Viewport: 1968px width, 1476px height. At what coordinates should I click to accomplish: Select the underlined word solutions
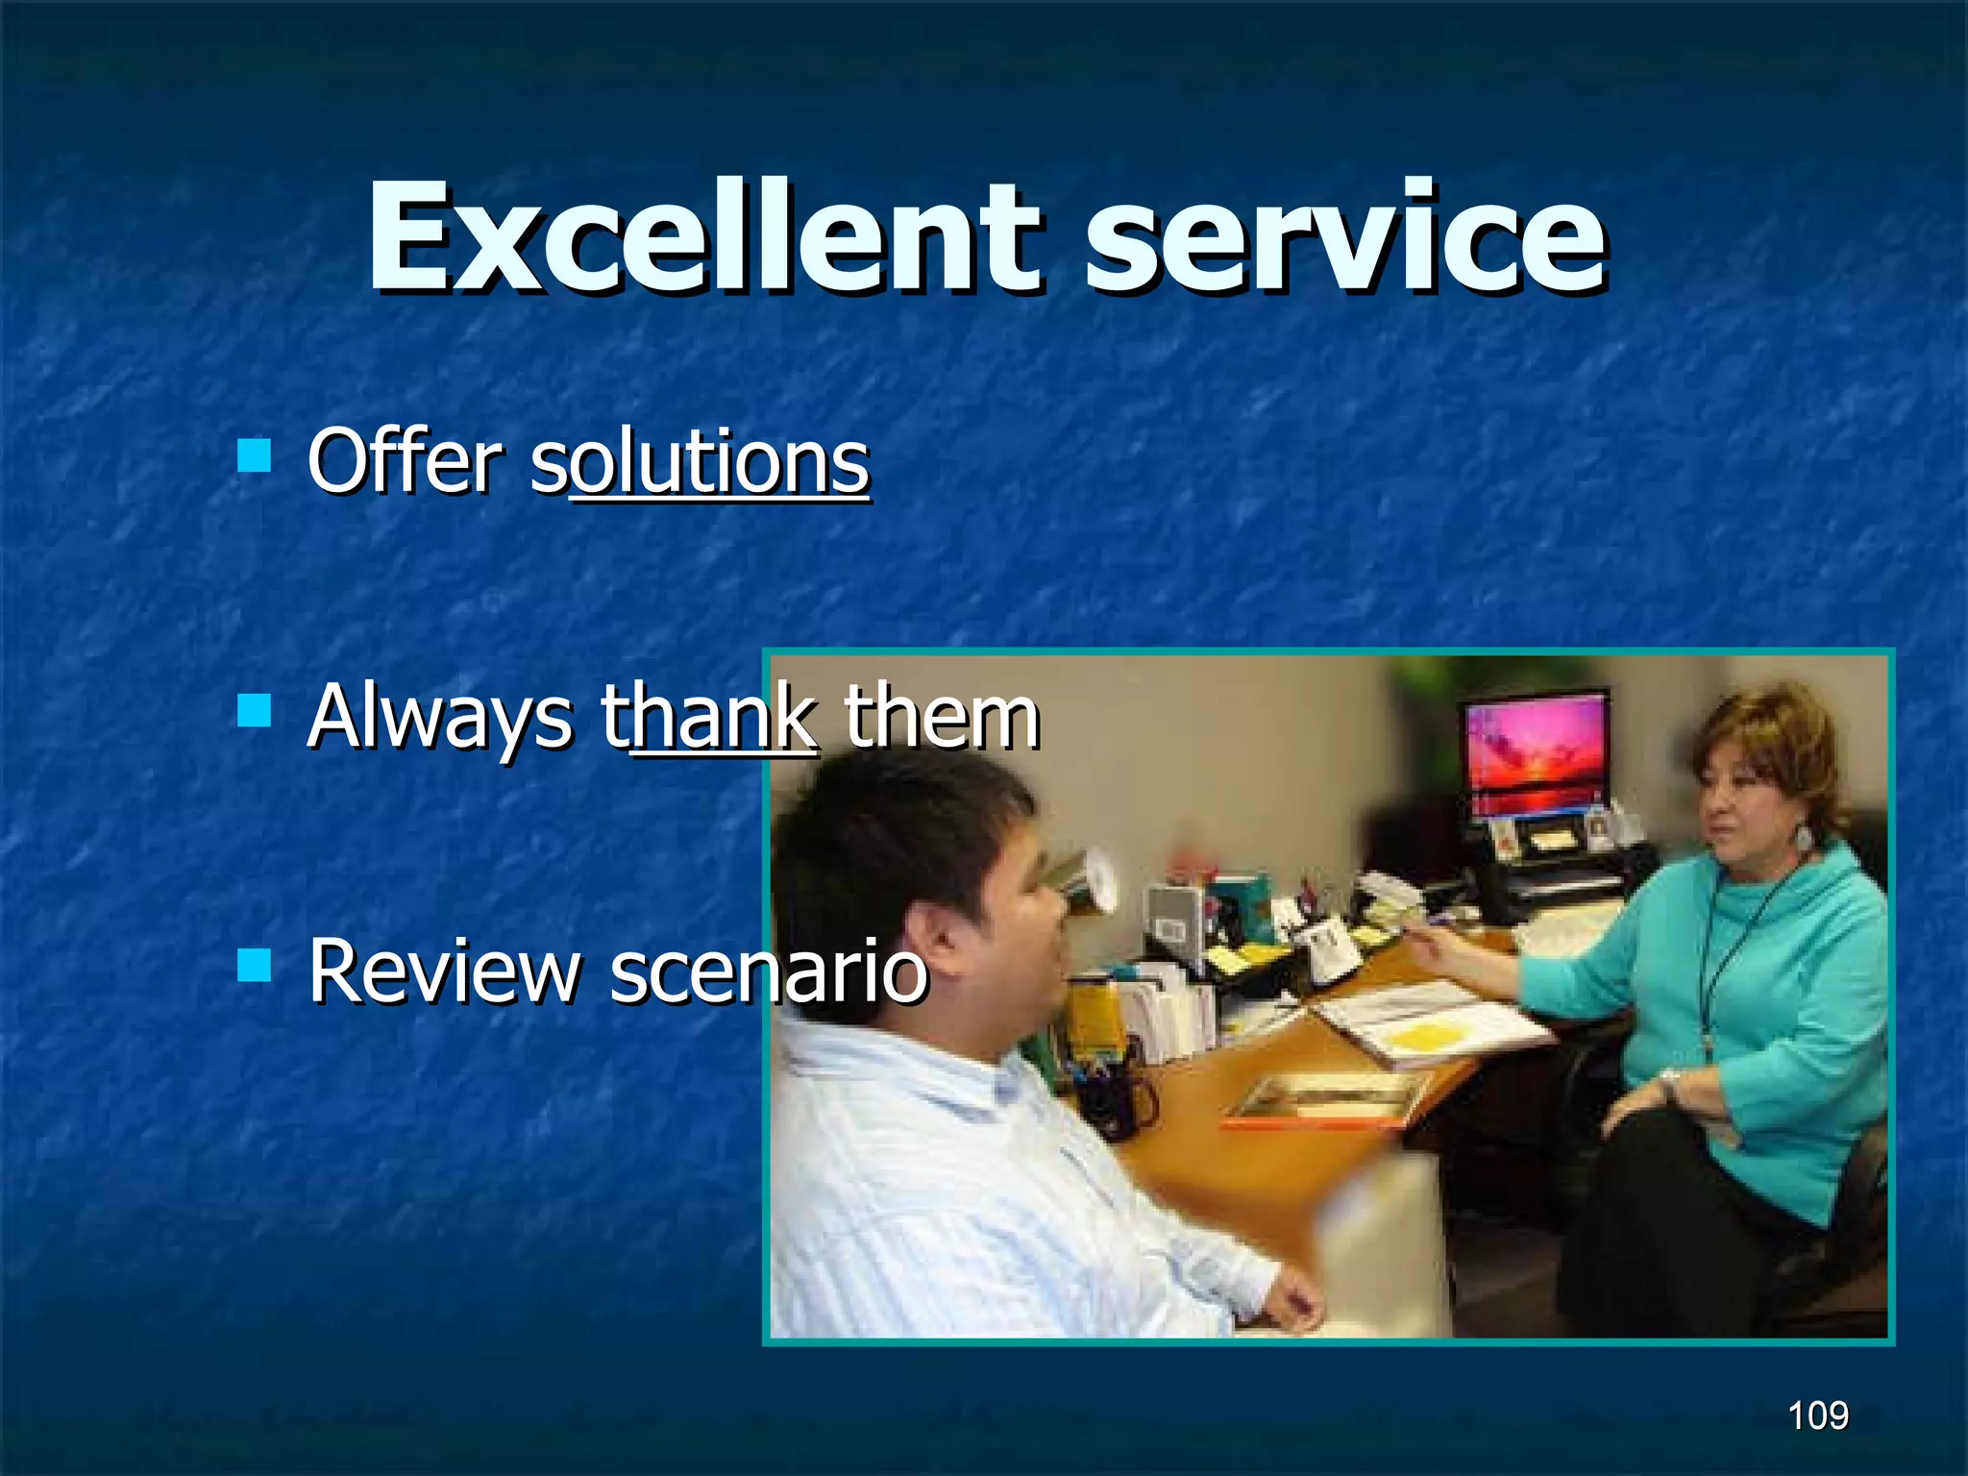click(701, 463)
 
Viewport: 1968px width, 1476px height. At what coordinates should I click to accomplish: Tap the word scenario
click(769, 972)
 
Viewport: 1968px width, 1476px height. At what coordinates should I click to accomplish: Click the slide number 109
click(1817, 1415)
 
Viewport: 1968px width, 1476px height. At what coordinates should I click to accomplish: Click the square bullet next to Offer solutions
click(255, 455)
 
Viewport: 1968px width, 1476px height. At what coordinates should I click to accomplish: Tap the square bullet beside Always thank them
click(255, 710)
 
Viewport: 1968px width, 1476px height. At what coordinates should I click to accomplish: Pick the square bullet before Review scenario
click(255, 965)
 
